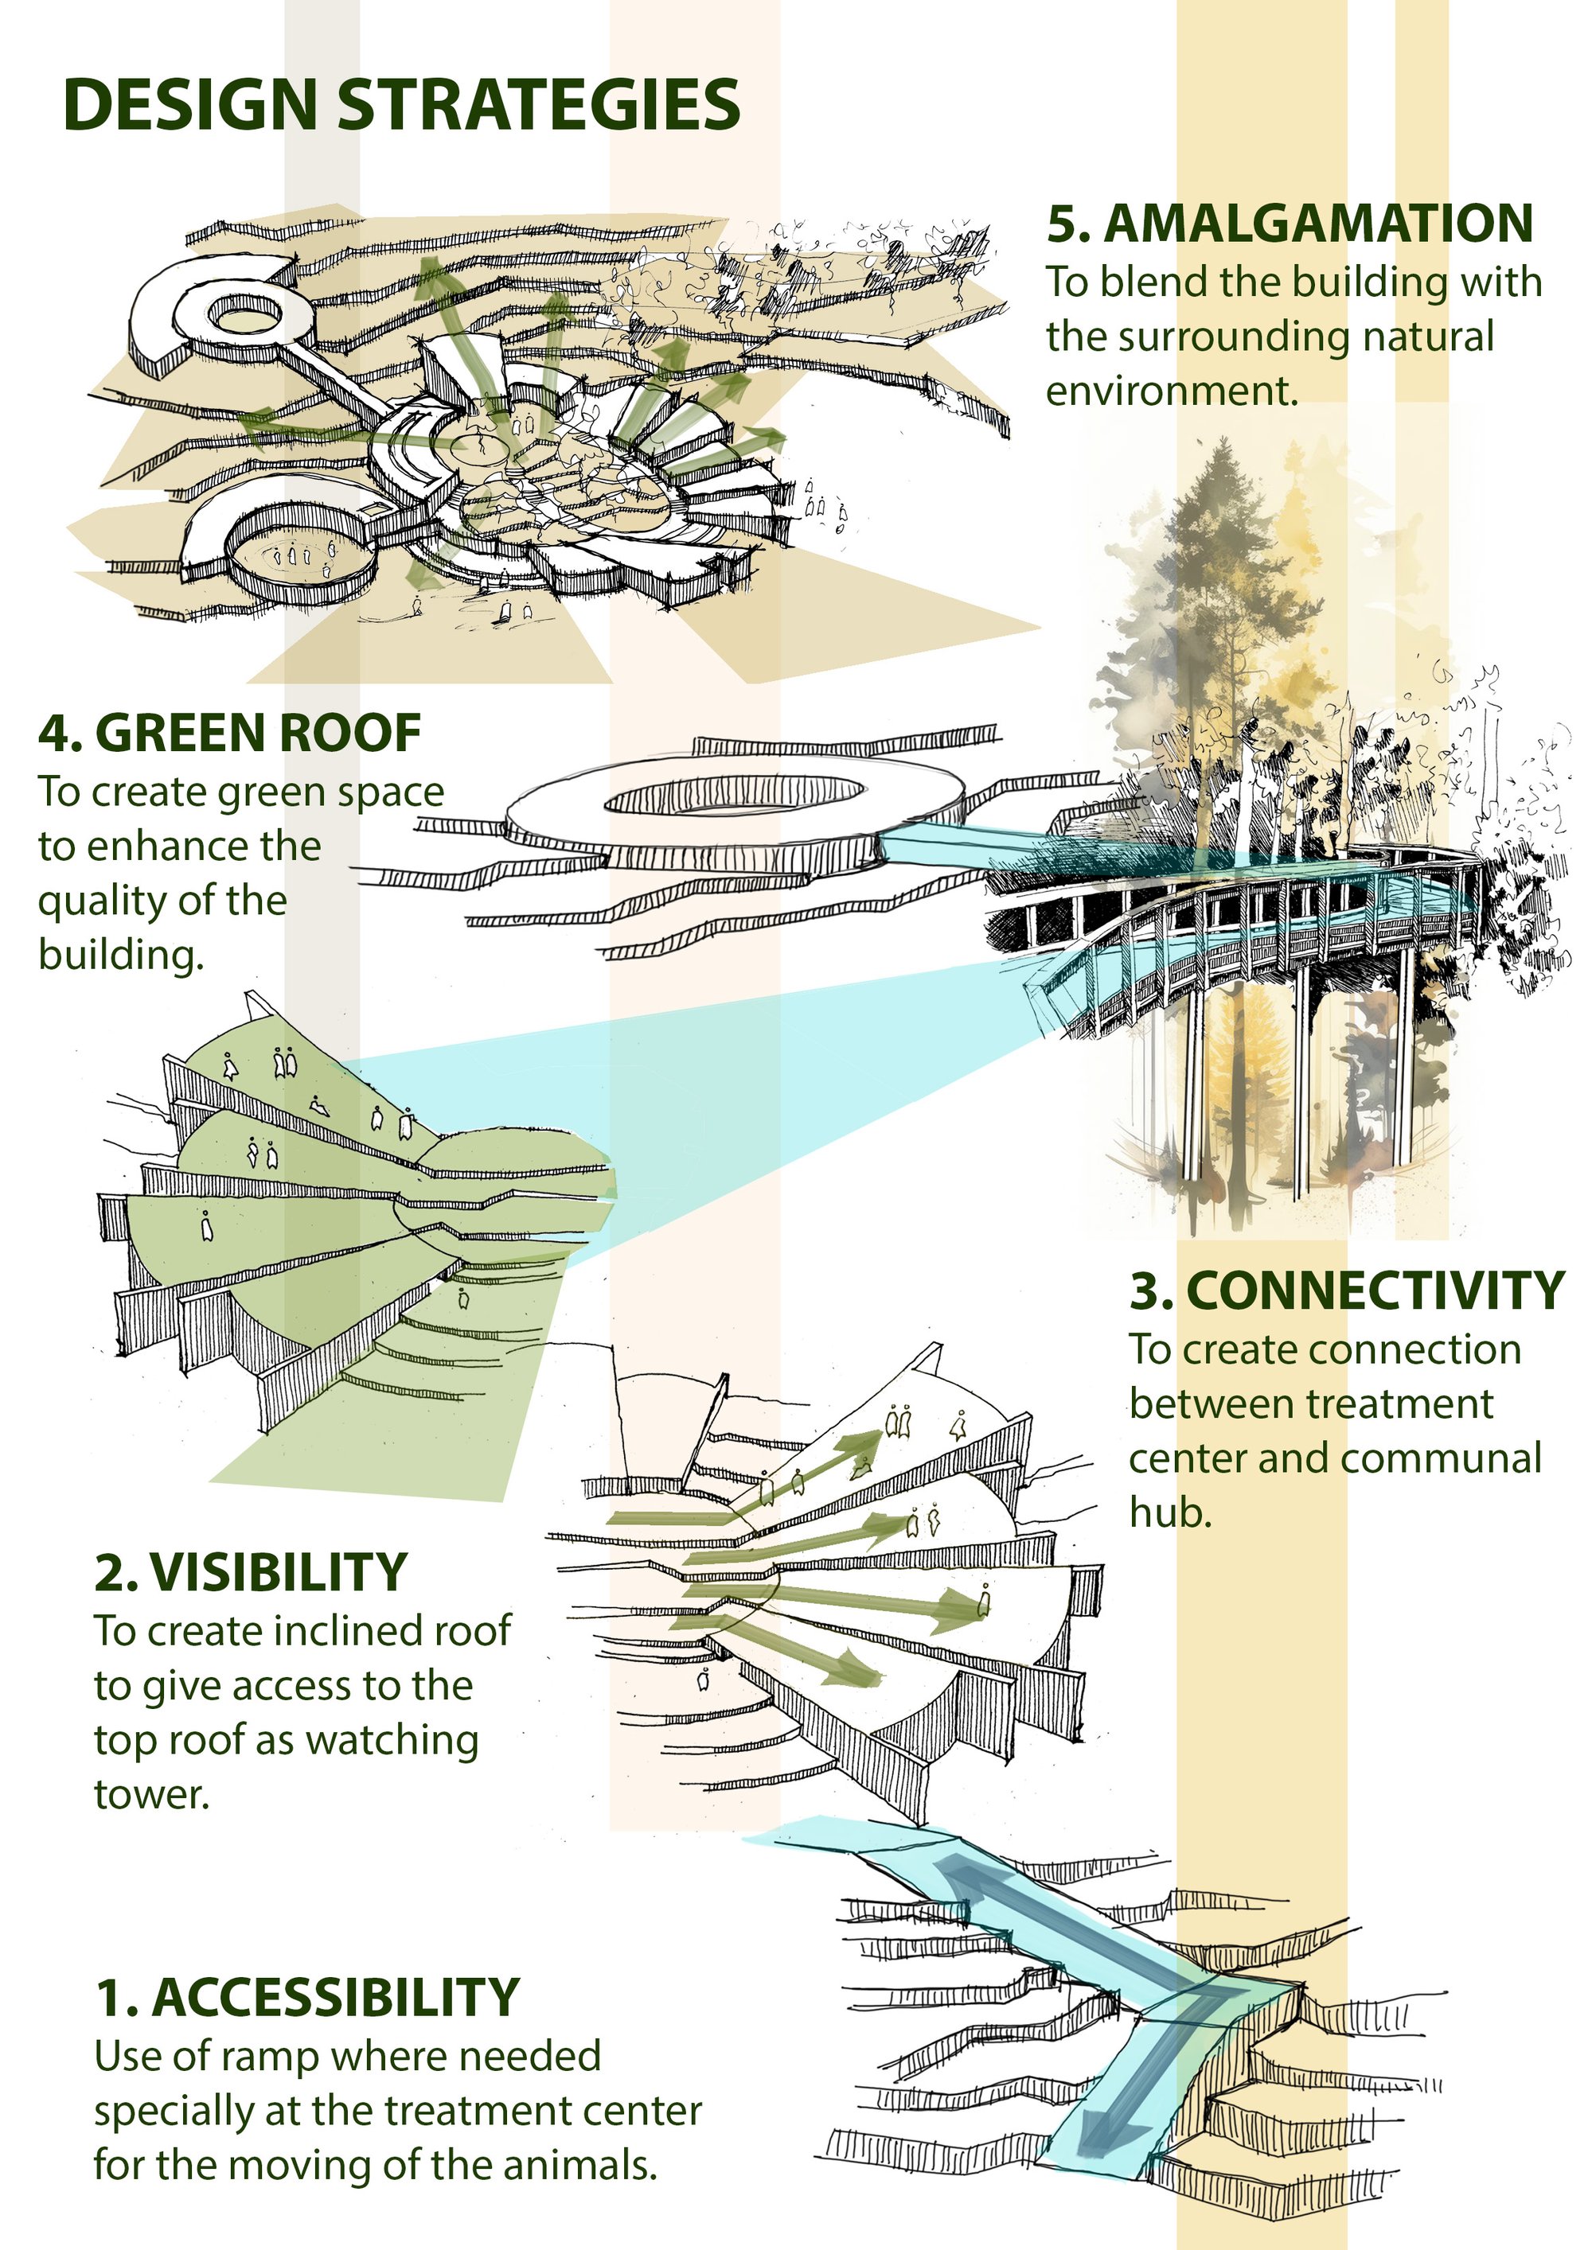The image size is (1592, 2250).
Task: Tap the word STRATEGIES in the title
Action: pyautogui.click(x=538, y=105)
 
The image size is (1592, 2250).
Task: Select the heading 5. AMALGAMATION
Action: pyautogui.click(x=1290, y=224)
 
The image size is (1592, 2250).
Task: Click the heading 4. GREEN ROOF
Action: pyautogui.click(x=230, y=733)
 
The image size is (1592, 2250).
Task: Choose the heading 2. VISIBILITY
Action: pyautogui.click(x=251, y=1572)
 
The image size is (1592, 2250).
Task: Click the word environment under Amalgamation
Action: pyautogui.click(x=1173, y=391)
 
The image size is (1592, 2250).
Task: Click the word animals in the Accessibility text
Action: pyautogui.click(x=579, y=2165)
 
